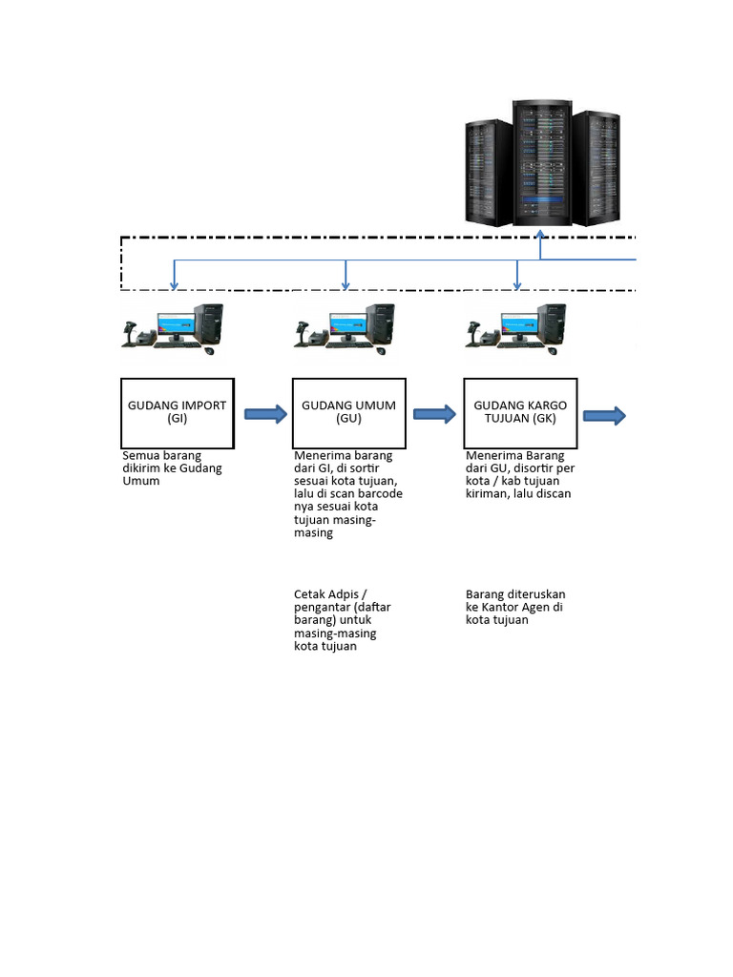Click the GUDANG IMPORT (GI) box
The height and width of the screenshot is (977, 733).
click(178, 412)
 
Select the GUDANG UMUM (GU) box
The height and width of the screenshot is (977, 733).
click(348, 412)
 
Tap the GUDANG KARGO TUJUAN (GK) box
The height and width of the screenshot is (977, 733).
click(520, 412)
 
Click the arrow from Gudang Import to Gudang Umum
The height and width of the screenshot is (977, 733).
click(265, 414)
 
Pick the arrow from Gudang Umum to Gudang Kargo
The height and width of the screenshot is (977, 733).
click(435, 414)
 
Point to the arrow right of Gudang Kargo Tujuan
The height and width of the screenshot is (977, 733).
click(604, 415)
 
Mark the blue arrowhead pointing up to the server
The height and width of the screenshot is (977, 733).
click(541, 234)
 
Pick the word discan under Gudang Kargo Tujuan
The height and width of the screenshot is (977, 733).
click(553, 494)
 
